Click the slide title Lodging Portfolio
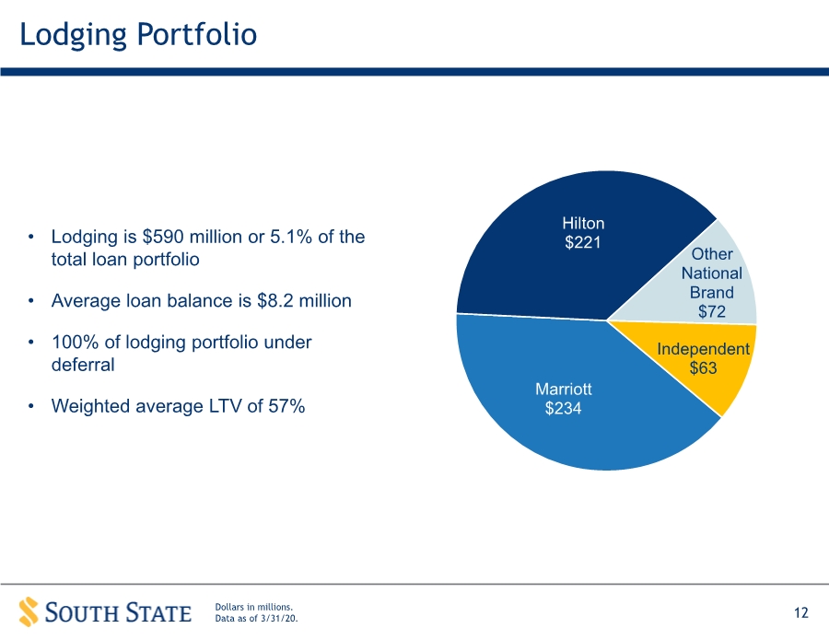[138, 35]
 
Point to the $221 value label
[583, 242]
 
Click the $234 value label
[563, 409]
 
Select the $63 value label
[703, 367]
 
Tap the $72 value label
[712, 312]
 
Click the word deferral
[83, 365]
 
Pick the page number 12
[801, 612]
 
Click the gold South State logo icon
[29, 612]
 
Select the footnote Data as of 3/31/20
[256, 618]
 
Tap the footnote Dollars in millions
[254, 607]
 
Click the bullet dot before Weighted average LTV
[31, 406]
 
